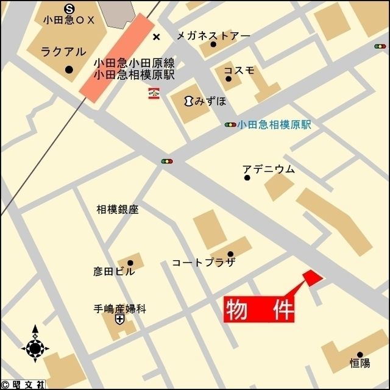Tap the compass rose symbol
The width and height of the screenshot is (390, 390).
(x=35, y=348)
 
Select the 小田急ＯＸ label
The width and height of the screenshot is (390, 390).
(x=70, y=20)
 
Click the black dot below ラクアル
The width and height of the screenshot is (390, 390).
(x=68, y=70)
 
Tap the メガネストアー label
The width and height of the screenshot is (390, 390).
(x=213, y=35)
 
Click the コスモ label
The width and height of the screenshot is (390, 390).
(x=239, y=70)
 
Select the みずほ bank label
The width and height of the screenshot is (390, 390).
(x=207, y=101)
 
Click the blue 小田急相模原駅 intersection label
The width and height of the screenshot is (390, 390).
(x=274, y=124)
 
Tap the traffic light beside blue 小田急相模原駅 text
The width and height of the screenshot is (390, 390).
(x=230, y=125)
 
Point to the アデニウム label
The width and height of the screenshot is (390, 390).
(x=268, y=169)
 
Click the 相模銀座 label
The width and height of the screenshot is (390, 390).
(x=118, y=210)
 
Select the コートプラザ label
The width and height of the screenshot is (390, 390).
(x=204, y=263)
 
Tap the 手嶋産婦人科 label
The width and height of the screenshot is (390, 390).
(x=120, y=308)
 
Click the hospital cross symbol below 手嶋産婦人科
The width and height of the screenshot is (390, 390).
(x=119, y=319)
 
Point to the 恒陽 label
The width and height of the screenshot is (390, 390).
(x=360, y=363)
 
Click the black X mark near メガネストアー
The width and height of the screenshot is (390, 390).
(x=157, y=37)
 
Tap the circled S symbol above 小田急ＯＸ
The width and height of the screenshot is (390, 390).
(x=69, y=8)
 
